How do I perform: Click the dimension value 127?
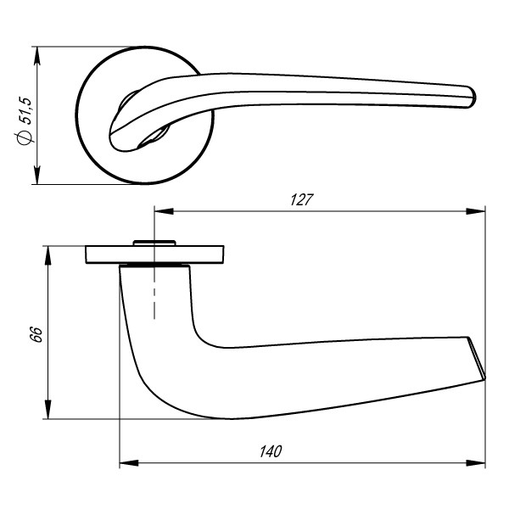(302, 200)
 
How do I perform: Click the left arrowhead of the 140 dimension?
(126, 463)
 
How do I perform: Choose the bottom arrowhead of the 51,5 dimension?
(37, 177)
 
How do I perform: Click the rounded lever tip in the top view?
(468, 96)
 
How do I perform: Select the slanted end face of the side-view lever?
(477, 357)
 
